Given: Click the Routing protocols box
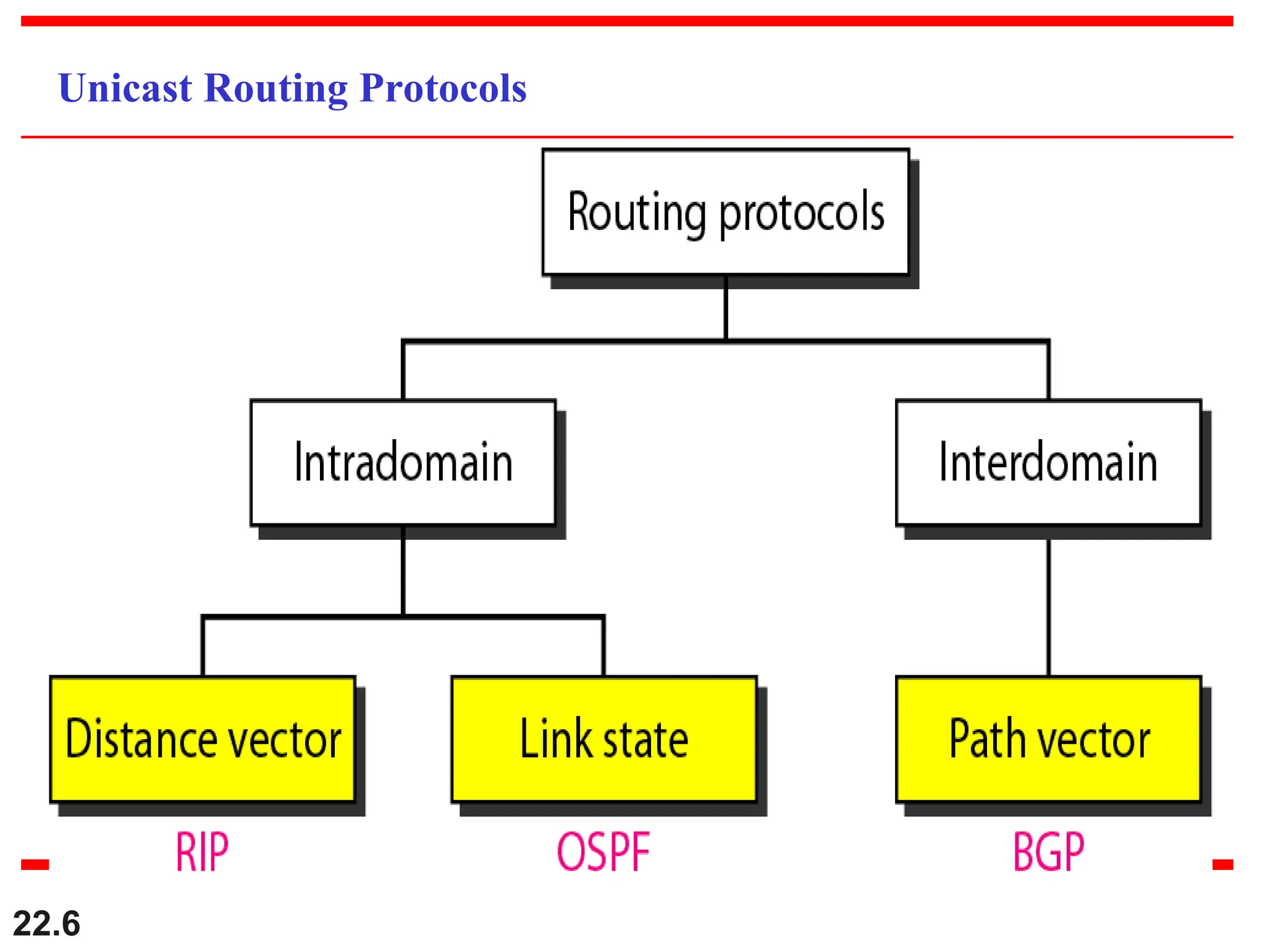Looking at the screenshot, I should point(725,212).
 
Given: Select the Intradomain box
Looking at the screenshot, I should point(403,463).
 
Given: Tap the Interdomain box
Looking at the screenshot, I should point(1048,463).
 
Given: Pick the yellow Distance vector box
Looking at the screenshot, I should point(203,739).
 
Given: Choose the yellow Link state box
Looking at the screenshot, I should point(603,739).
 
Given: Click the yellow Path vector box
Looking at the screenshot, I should point(1048,739).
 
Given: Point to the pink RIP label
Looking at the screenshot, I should point(202,852).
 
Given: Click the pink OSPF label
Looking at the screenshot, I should point(603,852).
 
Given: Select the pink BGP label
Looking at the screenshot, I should point(1048,852).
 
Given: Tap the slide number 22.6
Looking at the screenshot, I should point(46,924).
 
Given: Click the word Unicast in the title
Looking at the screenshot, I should point(125,88).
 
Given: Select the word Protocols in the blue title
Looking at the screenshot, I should point(443,88).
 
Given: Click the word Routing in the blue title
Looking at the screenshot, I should point(275,88).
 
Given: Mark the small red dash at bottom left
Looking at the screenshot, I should point(35,864).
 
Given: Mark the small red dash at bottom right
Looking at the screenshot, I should point(1222,864).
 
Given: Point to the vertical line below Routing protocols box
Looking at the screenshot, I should point(725,309).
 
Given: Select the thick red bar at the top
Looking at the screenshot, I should point(627,21).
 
